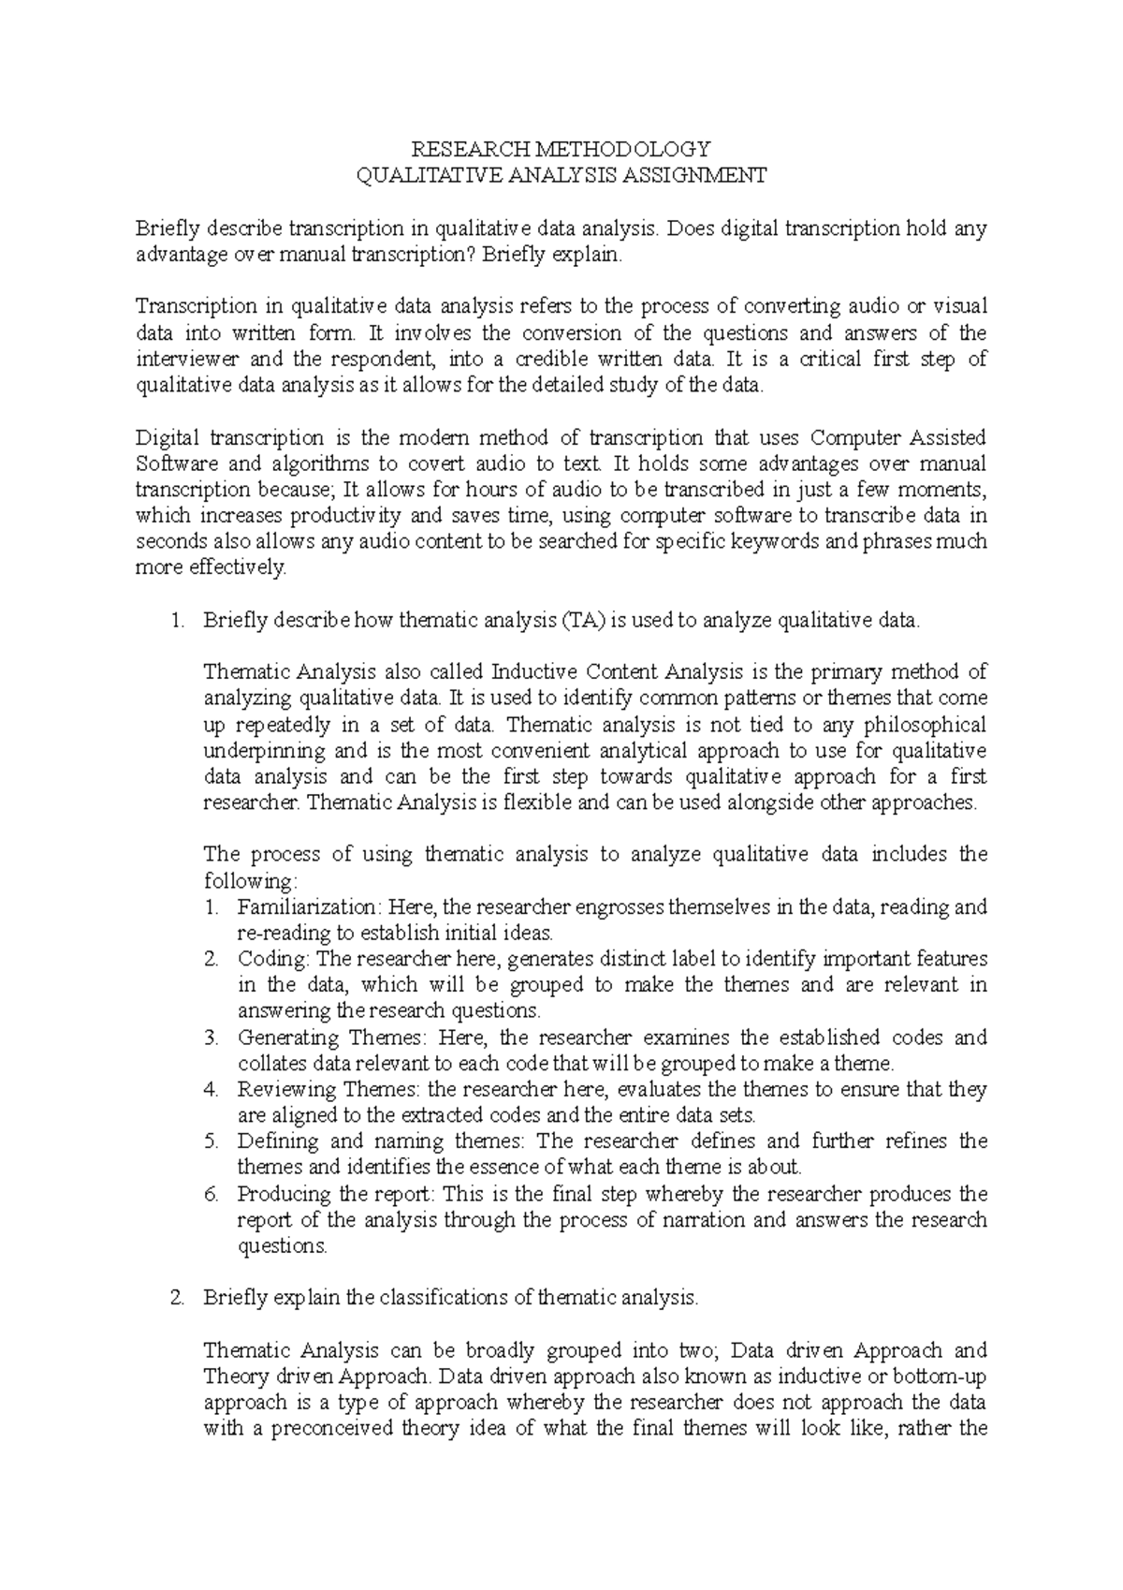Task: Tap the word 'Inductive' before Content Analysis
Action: coord(530,671)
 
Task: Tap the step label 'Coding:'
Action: coord(273,960)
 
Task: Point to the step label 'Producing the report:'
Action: coord(337,1194)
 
